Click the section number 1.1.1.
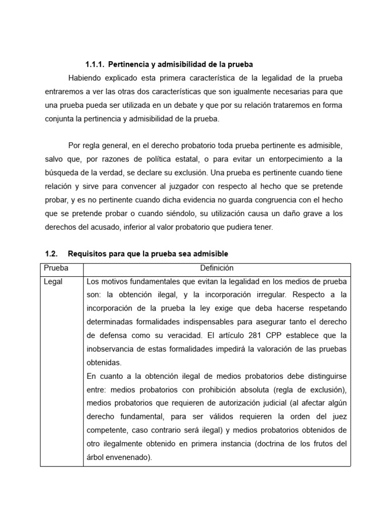pos(95,65)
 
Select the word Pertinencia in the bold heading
pos(128,65)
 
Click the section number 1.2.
pos(51,253)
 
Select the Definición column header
pos(217,268)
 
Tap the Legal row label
pos(53,282)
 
